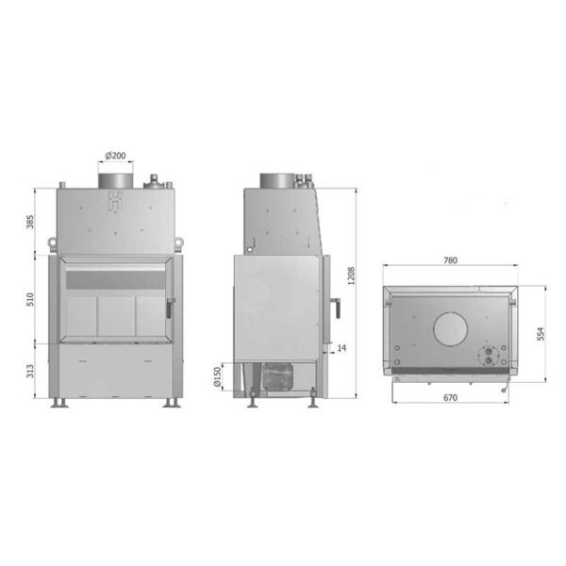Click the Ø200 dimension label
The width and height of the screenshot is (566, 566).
tap(115, 156)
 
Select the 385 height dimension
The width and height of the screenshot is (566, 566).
tap(30, 222)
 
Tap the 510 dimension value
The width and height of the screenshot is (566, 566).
tap(30, 300)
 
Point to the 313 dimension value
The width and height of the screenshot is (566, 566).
tap(30, 371)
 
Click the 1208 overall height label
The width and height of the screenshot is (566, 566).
tap(351, 275)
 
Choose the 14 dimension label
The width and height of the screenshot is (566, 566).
tap(341, 347)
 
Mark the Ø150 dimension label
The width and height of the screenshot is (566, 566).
tap(217, 376)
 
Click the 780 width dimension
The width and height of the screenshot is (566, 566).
tap(450, 260)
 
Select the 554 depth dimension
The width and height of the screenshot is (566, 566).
tap(541, 334)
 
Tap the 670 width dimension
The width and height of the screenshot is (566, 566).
tap(450, 398)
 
